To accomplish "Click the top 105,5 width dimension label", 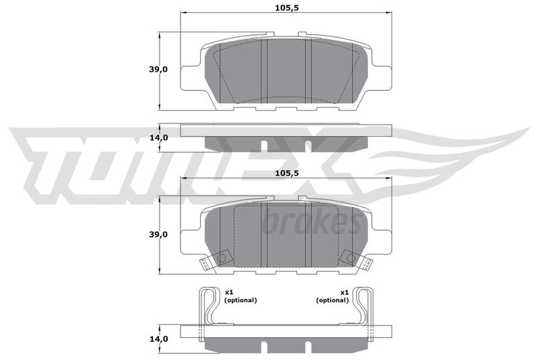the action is coord(287,8).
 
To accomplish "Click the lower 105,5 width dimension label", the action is coord(287,173).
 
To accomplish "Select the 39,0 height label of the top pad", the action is coord(158,69).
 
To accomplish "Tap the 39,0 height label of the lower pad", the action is coord(158,235).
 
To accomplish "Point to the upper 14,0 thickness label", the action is coord(158,138).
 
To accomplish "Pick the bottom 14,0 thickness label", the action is coord(158,339).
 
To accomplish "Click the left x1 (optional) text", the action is coord(241,296).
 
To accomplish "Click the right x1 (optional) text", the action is coord(332,296).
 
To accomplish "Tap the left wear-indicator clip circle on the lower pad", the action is coord(222,258).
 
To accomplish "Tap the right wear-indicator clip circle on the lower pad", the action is coord(351,258).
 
